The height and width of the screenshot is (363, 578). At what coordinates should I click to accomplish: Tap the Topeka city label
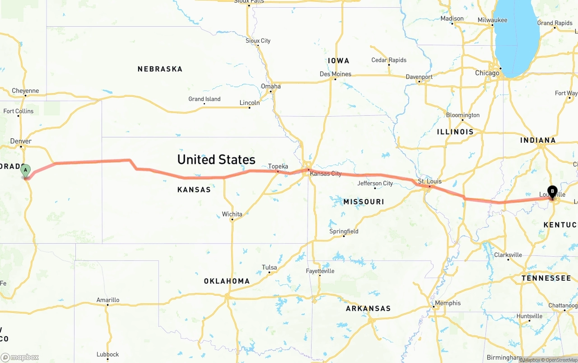coord(278,166)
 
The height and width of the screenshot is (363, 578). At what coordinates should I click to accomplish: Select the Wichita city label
coord(232,214)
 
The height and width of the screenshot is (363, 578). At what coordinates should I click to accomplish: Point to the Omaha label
coord(271,86)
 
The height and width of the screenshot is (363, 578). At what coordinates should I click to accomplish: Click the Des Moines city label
coord(336,74)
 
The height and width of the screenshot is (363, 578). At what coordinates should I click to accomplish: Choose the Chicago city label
coord(487,73)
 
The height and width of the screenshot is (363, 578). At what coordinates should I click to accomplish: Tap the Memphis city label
coord(448,303)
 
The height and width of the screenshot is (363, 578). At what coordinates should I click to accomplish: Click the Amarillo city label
coord(108,300)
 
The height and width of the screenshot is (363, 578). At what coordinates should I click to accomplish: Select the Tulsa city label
coord(270,268)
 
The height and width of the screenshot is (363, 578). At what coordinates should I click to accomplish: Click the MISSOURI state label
coord(364,202)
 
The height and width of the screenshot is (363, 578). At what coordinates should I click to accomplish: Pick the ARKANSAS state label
coord(368,309)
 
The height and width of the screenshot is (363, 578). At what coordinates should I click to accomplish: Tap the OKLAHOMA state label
coord(227,281)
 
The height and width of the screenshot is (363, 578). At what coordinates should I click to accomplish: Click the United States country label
coord(216,160)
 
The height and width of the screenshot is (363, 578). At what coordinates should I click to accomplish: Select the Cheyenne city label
coord(25,91)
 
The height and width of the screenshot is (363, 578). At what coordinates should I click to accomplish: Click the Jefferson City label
coord(375,184)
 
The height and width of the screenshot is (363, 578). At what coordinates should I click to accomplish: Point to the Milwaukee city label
coord(493,20)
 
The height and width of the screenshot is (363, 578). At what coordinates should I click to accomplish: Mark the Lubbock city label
coord(107,354)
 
